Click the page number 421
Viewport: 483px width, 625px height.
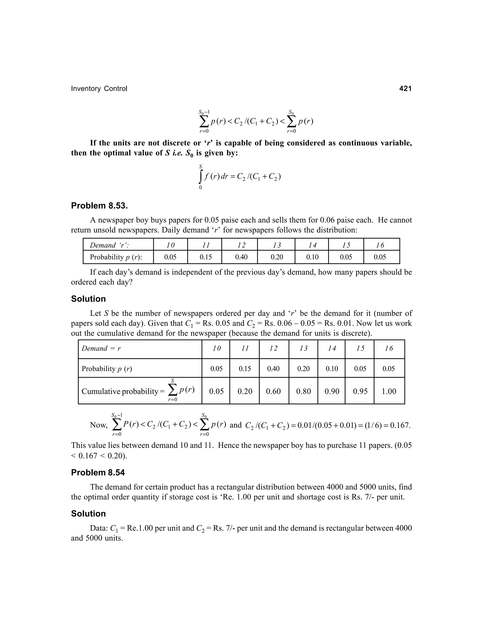point(405,89)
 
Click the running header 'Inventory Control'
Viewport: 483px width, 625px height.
point(99,89)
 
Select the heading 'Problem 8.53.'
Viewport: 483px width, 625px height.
point(99,206)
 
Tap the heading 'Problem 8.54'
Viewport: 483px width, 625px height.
point(98,472)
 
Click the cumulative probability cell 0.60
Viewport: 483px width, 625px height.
point(273,391)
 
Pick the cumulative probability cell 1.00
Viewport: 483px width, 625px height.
point(389,391)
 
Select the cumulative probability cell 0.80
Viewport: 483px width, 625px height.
point(303,391)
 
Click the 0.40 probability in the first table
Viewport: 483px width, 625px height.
point(241,257)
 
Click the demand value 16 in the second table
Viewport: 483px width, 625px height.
point(389,348)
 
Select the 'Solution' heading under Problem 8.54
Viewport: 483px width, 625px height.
point(88,514)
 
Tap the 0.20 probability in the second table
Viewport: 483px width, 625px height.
point(303,369)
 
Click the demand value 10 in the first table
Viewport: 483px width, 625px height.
point(171,245)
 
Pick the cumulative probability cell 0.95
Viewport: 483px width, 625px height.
point(360,391)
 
